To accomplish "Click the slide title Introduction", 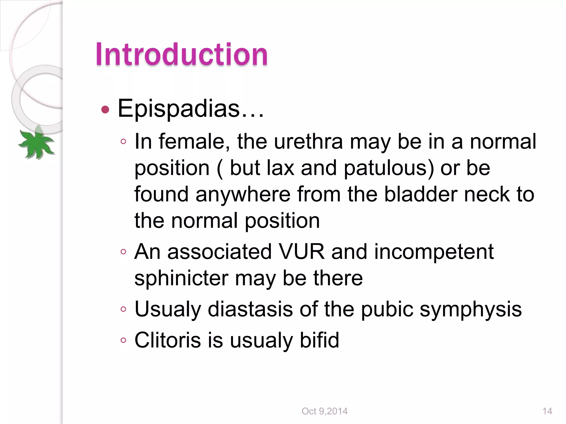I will (x=182, y=54).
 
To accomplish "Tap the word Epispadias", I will (x=179, y=108).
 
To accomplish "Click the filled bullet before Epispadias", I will (x=105, y=110).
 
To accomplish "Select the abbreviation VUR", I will (x=302, y=251).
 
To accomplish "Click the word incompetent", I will (x=434, y=251).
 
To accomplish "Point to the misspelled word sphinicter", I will (x=181, y=278).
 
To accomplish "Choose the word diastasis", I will (x=250, y=309).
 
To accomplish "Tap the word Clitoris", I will (x=167, y=340).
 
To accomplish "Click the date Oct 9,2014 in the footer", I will (x=324, y=411).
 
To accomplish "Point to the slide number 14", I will (x=547, y=411).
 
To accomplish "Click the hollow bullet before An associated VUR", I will (x=123, y=252).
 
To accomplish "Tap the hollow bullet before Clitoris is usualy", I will (x=123, y=340).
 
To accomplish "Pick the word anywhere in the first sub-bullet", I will (x=243, y=194).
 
